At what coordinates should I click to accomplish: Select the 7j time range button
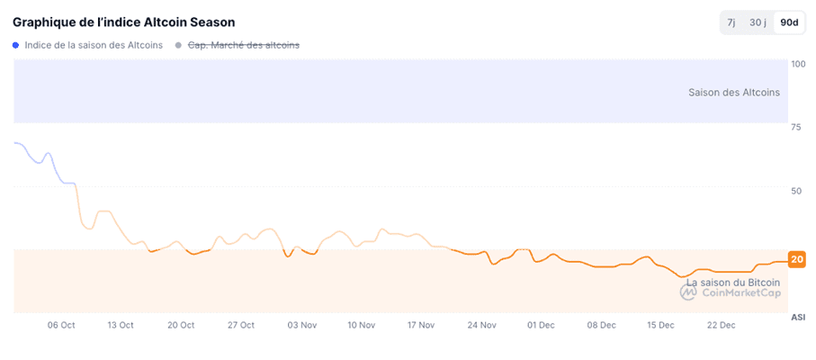pyautogui.click(x=731, y=22)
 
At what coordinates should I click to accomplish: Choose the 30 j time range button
pyautogui.click(x=758, y=22)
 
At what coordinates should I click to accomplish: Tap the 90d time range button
pyautogui.click(x=790, y=22)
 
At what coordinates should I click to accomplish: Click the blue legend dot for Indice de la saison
pyautogui.click(x=16, y=45)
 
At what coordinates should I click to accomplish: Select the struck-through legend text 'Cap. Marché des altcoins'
pyautogui.click(x=243, y=45)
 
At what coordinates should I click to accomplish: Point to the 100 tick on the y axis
pyautogui.click(x=798, y=64)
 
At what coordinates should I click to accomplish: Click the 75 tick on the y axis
pyautogui.click(x=795, y=128)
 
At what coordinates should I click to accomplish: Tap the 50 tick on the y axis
pyautogui.click(x=795, y=191)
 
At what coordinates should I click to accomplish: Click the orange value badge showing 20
pyautogui.click(x=796, y=259)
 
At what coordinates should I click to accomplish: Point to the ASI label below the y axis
pyautogui.click(x=798, y=317)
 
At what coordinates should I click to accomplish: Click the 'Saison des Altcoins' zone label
pyautogui.click(x=733, y=92)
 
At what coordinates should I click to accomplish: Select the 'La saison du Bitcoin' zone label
pyautogui.click(x=733, y=282)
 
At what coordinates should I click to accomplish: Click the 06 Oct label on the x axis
pyautogui.click(x=61, y=325)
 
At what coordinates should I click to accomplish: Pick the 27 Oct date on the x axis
pyautogui.click(x=241, y=325)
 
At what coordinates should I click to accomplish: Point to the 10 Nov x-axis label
pyautogui.click(x=361, y=325)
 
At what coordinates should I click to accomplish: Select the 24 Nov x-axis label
pyautogui.click(x=481, y=325)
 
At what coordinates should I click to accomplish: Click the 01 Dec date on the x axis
pyautogui.click(x=542, y=325)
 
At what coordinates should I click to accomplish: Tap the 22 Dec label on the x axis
pyautogui.click(x=722, y=325)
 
